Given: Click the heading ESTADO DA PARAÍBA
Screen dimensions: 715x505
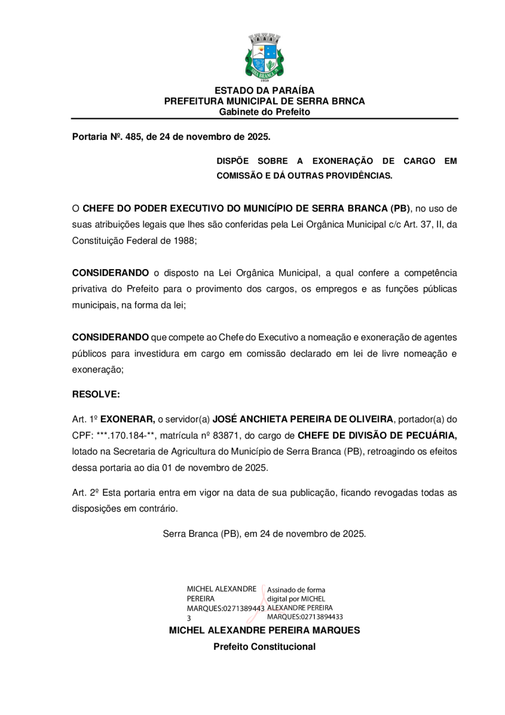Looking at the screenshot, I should [264, 90].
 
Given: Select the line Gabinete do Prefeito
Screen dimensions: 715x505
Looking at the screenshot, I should [264, 112].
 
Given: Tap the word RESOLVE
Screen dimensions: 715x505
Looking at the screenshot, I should [96, 394].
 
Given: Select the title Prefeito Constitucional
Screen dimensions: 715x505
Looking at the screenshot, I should [264, 646].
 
